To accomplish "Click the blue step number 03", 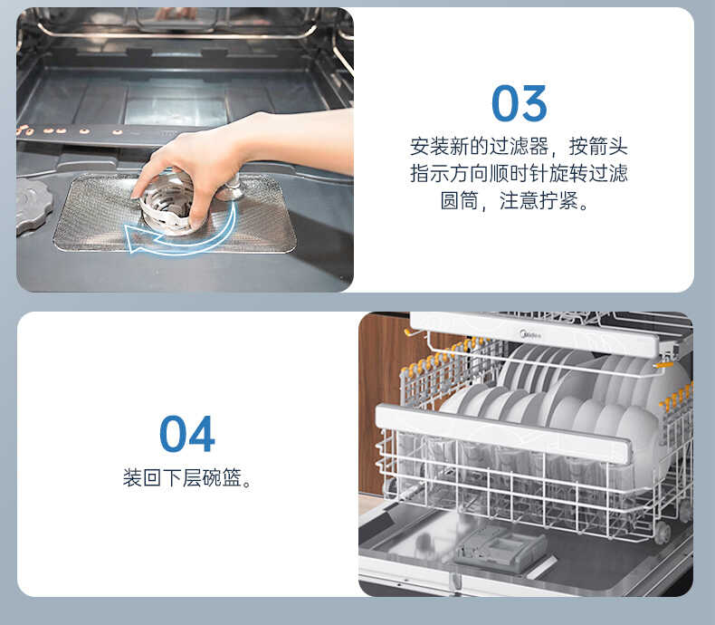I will (519, 104).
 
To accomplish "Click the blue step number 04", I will (187, 435).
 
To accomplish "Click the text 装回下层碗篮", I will (186, 478).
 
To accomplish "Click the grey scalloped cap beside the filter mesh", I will (32, 204).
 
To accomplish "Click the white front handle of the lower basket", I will (502, 434).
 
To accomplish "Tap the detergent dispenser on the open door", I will (500, 550).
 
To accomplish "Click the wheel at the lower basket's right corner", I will (663, 533).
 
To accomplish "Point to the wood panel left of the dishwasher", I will (380, 399).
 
